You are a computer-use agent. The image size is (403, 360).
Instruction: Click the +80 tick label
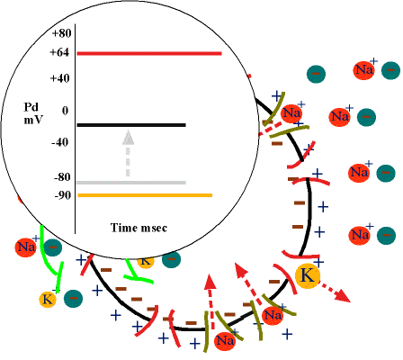[61, 33]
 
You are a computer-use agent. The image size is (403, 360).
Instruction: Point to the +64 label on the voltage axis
[59, 52]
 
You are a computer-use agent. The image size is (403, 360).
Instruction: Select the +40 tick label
[59, 78]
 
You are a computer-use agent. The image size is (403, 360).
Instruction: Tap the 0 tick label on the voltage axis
[65, 111]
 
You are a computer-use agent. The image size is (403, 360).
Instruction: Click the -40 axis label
[59, 142]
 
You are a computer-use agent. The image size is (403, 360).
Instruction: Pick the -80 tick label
[62, 177]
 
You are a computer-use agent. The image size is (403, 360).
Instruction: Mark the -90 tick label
[63, 195]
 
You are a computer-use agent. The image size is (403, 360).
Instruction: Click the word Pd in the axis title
[31, 107]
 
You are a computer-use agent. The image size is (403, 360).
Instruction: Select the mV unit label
[33, 120]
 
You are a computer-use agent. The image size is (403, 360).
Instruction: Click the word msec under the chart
[154, 228]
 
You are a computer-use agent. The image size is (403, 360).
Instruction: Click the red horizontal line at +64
[149, 54]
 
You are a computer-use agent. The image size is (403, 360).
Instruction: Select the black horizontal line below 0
[131, 125]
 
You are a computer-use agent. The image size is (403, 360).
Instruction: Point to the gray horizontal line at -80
[131, 183]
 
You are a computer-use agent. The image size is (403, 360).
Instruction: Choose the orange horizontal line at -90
[145, 195]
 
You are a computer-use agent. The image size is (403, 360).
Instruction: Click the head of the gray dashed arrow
[128, 138]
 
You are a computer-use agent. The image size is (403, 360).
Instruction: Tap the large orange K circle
[308, 276]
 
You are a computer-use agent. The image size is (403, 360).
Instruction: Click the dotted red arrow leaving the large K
[335, 292]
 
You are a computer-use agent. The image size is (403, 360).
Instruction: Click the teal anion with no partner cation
[316, 74]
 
